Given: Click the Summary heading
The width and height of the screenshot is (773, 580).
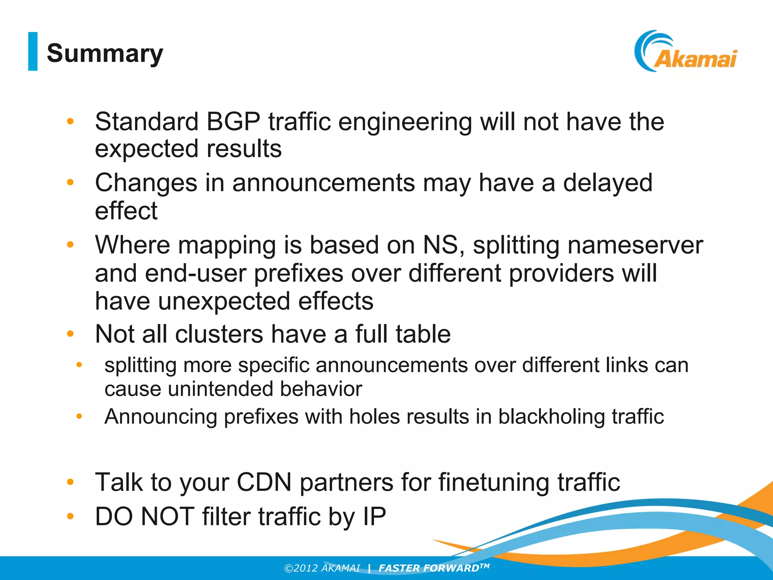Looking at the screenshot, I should coord(105,53).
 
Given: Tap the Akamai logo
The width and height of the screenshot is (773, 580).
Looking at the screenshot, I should coord(686,52).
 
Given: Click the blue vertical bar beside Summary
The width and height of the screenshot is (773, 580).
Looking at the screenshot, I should coord(33,51).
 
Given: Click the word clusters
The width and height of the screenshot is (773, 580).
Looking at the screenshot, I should coord(219,334).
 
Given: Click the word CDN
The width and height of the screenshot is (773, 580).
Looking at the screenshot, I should coord(264,482).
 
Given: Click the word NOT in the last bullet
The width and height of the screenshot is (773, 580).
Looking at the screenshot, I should coord(167,516).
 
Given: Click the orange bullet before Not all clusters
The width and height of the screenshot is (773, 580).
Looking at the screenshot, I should coord(70,334).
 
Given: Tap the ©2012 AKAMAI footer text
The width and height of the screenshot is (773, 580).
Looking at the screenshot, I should coord(322,568).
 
